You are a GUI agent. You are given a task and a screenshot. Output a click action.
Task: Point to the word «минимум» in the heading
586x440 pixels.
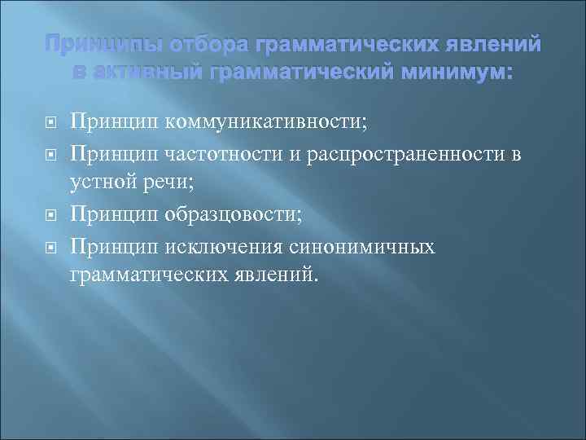click(x=458, y=73)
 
